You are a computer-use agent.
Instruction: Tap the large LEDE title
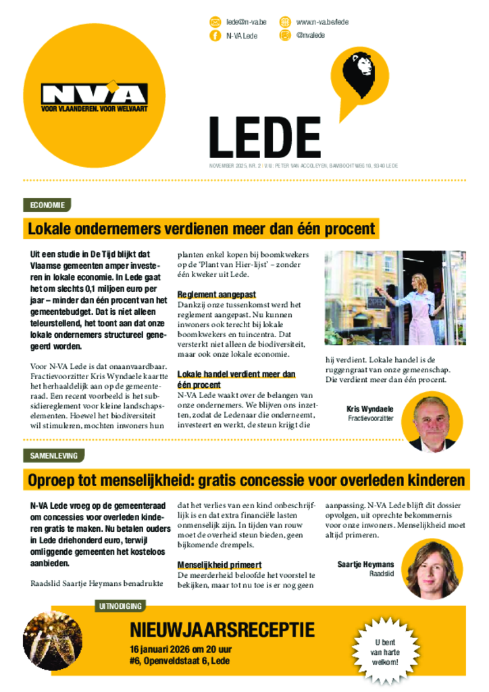click(x=264, y=138)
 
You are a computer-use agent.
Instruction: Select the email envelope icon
click(x=215, y=22)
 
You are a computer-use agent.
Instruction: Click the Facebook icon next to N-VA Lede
click(x=215, y=36)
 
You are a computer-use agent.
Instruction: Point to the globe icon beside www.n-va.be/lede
click(x=285, y=22)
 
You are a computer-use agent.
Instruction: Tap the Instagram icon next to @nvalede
click(x=285, y=36)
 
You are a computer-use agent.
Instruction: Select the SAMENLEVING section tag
click(x=53, y=455)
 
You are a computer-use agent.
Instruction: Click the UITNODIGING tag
click(x=121, y=606)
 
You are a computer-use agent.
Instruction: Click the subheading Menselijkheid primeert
click(x=220, y=564)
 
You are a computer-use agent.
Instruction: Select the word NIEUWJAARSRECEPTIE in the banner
click(x=222, y=630)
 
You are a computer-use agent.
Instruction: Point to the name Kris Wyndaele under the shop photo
click(x=370, y=409)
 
